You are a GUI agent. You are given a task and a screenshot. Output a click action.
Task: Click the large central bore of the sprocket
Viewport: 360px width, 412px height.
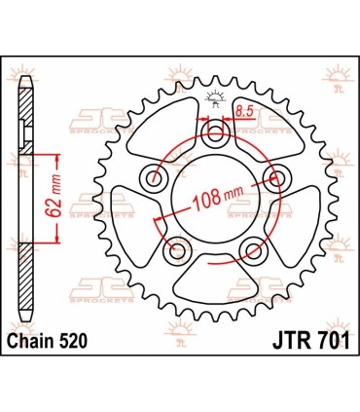coord(214,205)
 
